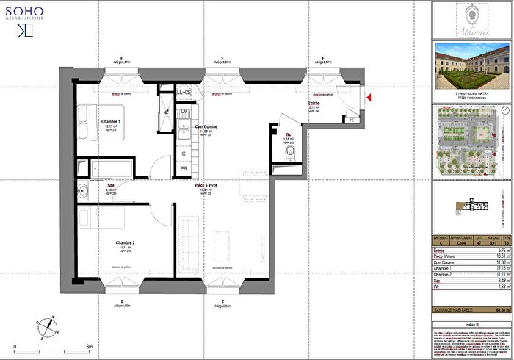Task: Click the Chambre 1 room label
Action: tap(112, 121)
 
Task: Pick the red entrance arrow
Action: tap(369, 97)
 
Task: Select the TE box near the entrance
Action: tap(351, 120)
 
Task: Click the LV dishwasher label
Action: tap(184, 112)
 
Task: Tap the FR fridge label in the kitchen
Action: tap(184, 168)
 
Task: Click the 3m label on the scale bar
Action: tap(89, 345)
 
